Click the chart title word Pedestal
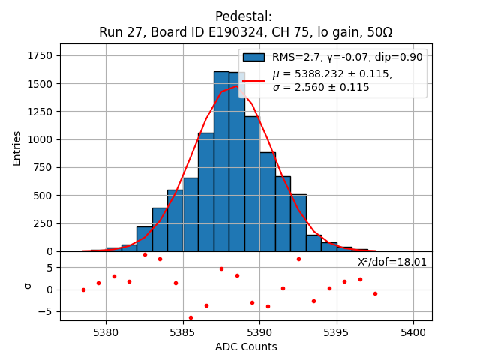[243, 16]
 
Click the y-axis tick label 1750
[42, 55]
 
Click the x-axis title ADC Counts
[246, 346]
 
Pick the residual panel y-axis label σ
[28, 286]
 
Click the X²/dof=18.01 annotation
[392, 262]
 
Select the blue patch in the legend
[253, 57]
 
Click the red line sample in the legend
[253, 80]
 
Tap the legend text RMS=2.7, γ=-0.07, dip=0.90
[347, 57]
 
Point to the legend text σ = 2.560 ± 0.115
[321, 87]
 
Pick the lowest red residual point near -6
[190, 317]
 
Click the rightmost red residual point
[375, 293]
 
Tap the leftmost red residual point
[83, 289]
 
